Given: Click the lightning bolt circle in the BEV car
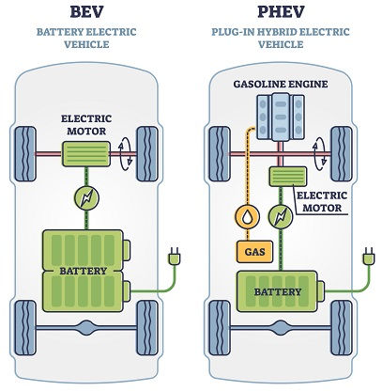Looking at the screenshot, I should [x=86, y=199].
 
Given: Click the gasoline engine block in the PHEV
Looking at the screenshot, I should [x=280, y=116].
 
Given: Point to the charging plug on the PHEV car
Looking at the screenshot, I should [x=368, y=254].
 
